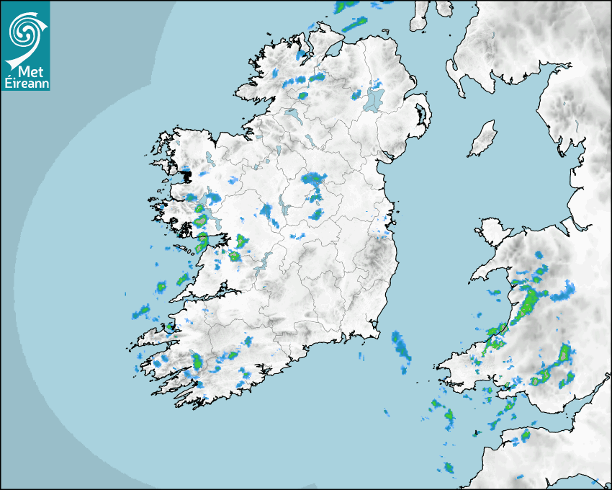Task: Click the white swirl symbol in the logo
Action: click(24, 31)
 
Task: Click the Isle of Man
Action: click(483, 139)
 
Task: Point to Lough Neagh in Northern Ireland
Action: click(374, 99)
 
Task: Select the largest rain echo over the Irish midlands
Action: click(314, 179)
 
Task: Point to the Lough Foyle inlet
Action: click(333, 49)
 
